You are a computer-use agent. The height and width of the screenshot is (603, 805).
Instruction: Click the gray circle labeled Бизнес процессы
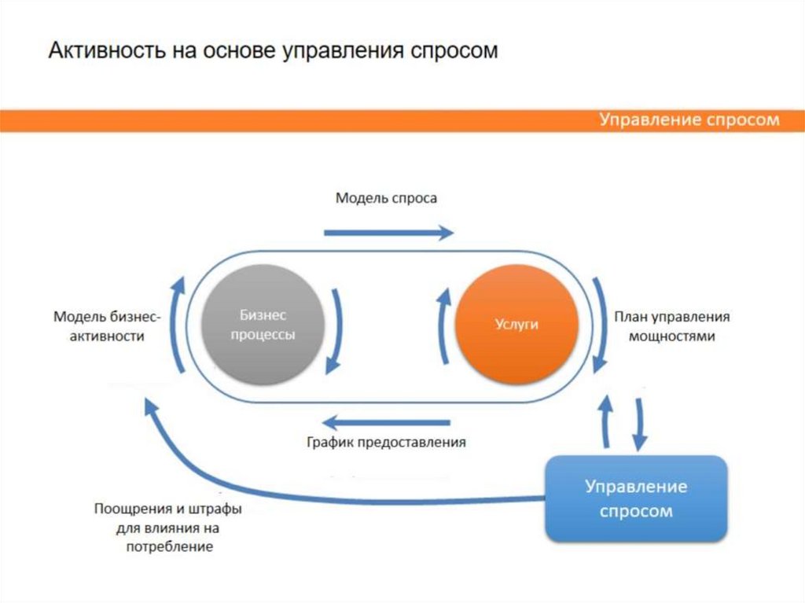(x=263, y=324)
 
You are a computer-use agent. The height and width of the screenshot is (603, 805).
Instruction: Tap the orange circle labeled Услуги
(x=516, y=324)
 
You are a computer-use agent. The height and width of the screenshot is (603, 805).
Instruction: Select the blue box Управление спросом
(x=636, y=498)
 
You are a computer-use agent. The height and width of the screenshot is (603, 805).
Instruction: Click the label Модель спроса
(x=386, y=198)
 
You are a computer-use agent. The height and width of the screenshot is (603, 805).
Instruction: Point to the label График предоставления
(x=386, y=442)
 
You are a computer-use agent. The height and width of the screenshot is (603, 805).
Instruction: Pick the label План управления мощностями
(x=672, y=326)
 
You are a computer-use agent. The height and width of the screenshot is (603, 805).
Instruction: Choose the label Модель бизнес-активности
(x=107, y=326)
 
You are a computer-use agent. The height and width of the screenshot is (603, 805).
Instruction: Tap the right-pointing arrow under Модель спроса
(x=388, y=232)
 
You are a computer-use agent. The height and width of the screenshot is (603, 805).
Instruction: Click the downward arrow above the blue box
(x=640, y=423)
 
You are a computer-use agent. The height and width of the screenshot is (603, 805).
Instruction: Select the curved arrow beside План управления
(x=601, y=324)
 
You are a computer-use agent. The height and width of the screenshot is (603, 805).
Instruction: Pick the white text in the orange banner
(x=689, y=120)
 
